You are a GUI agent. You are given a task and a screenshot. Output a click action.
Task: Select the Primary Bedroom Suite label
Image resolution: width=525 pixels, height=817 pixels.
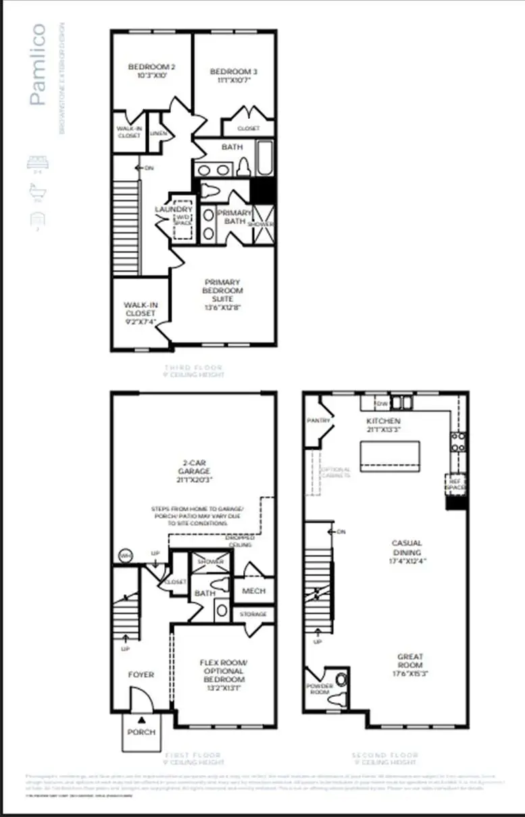click(222, 290)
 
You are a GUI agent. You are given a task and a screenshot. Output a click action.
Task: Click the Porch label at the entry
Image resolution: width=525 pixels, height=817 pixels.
click(141, 732)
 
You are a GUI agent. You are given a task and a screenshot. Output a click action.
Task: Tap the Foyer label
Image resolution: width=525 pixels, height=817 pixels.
click(141, 675)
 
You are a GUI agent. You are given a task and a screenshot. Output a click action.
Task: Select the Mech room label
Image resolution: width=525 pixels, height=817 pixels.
click(253, 591)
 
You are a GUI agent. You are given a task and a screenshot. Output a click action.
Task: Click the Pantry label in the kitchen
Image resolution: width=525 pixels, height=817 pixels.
click(318, 420)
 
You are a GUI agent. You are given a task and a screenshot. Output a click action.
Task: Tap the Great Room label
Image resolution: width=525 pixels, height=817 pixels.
click(409, 660)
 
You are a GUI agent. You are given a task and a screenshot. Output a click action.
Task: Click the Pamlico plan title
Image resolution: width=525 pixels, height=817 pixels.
click(38, 64)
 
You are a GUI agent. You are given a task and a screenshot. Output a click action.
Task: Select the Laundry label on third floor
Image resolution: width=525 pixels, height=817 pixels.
click(165, 210)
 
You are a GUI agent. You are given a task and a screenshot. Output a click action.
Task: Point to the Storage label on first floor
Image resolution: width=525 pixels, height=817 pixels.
click(253, 614)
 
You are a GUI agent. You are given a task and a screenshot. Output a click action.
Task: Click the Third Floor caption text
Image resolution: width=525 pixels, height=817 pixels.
click(194, 369)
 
